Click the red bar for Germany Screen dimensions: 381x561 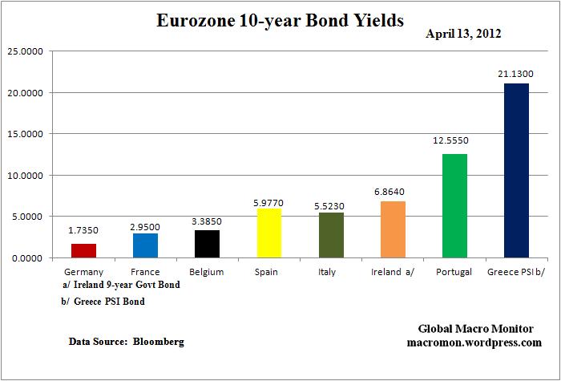[x=83, y=250]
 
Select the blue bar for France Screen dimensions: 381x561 [x=145, y=245]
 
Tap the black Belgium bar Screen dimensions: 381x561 [x=207, y=244]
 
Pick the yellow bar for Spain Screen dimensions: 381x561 [x=268, y=233]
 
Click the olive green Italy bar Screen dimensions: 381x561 [x=330, y=235]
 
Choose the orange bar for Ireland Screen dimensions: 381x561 [x=392, y=229]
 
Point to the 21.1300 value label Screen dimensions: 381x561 [x=515, y=73]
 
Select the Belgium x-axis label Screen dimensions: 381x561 [x=207, y=272]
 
